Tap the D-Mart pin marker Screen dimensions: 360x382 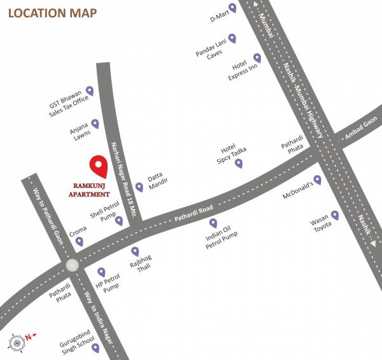click(232, 8)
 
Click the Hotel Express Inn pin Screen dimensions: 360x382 click(257, 58)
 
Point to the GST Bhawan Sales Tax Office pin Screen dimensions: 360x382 click(90, 92)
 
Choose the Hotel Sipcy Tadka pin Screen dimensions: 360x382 click(239, 163)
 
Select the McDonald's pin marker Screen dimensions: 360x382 click(318, 180)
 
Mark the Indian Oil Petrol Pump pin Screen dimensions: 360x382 click(213, 223)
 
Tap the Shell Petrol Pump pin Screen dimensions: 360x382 click(119, 221)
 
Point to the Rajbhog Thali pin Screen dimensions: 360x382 click(135, 252)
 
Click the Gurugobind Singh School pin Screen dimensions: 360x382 click(95, 348)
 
